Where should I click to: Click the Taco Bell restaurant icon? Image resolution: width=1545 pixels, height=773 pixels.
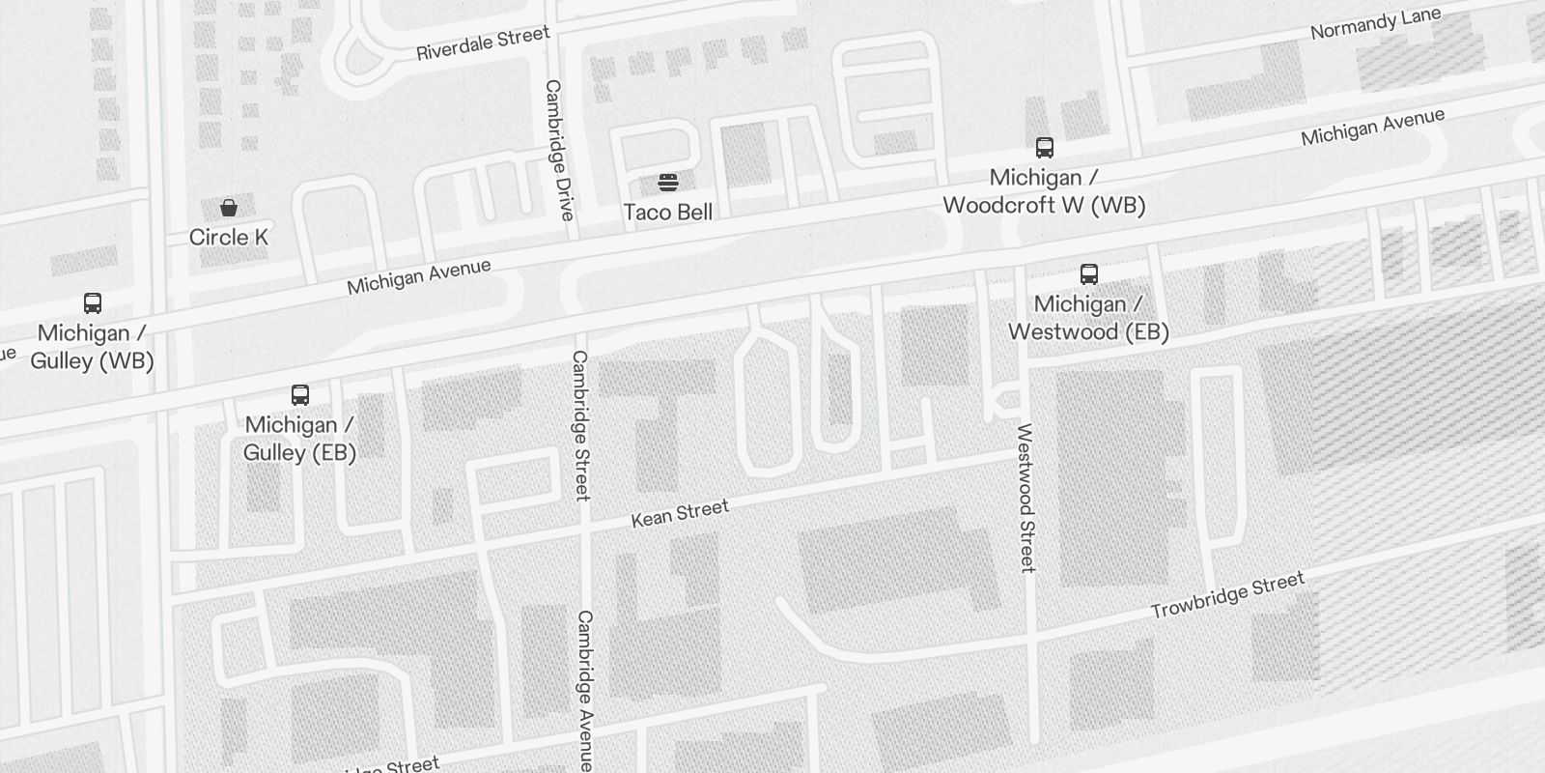(x=667, y=182)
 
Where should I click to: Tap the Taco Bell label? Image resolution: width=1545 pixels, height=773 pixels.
(x=668, y=213)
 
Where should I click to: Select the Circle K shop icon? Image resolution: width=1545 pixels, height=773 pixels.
(x=229, y=208)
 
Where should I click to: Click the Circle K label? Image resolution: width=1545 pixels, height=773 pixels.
(x=229, y=238)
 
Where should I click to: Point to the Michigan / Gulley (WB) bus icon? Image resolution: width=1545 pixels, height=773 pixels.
(x=93, y=303)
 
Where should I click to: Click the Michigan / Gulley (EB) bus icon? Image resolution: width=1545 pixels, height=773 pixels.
(x=300, y=395)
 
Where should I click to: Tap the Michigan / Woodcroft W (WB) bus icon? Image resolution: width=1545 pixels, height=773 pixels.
(x=1045, y=148)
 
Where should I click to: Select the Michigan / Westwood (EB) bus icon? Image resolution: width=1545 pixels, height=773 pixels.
(x=1089, y=274)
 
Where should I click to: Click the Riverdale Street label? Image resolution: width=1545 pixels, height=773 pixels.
(x=483, y=43)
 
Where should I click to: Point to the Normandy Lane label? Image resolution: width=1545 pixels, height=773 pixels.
(x=1375, y=23)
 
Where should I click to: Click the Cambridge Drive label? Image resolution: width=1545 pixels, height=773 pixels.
(x=559, y=150)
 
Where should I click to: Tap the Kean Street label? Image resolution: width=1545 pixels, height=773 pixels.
(x=680, y=513)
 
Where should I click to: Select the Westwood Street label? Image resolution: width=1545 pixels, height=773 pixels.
(x=1025, y=498)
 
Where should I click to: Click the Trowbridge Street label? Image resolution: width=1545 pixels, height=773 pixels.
(x=1227, y=595)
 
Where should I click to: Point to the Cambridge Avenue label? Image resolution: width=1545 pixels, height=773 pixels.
(x=585, y=690)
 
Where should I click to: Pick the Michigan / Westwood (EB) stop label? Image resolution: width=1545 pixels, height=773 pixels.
(x=1088, y=318)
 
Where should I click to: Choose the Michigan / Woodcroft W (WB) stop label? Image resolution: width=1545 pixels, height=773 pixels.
(x=1044, y=191)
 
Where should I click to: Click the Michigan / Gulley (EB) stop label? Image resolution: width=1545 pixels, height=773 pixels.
(x=299, y=439)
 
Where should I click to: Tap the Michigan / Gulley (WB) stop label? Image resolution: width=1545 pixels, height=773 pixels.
(x=92, y=347)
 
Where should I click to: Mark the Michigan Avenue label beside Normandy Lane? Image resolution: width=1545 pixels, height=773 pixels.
(x=1372, y=127)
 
